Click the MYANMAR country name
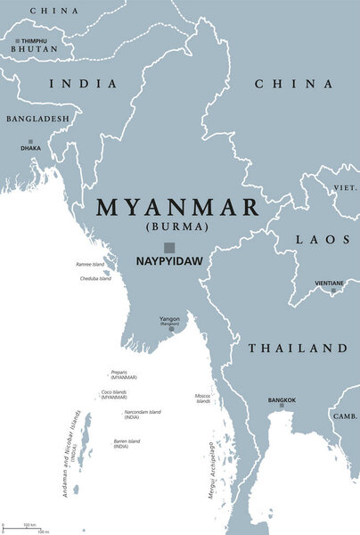[x=177, y=208]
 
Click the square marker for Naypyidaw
[x=168, y=248]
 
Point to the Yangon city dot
[x=171, y=329]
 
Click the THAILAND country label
[x=297, y=348]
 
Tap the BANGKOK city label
[x=282, y=399]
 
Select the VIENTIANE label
[x=330, y=283]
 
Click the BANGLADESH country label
[x=37, y=119]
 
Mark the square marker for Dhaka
[x=30, y=141]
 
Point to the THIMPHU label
[x=34, y=41]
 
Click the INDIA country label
[x=83, y=84]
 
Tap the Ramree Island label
[x=89, y=265]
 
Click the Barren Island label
[x=127, y=443]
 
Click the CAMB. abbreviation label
[x=344, y=416]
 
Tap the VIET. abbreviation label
[x=345, y=189]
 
